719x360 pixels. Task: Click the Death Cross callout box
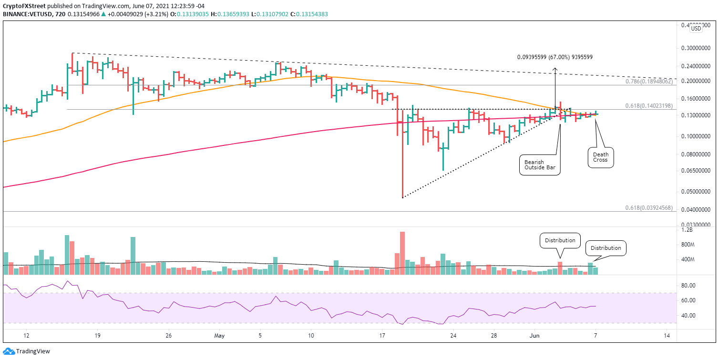tap(600, 157)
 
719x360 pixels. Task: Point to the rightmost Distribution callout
tap(606, 248)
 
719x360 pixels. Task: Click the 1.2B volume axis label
tap(687, 230)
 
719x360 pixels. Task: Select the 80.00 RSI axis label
tap(689, 286)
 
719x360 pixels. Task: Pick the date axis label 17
tap(382, 336)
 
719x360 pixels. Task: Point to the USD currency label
tap(696, 28)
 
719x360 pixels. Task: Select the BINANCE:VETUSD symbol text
tap(22, 14)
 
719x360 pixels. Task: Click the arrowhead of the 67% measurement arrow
tap(555, 70)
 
